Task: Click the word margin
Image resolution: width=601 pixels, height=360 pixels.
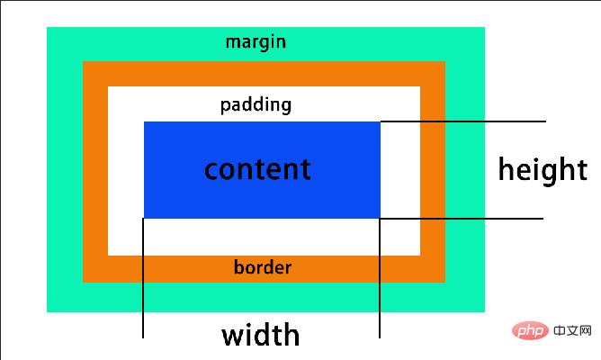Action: click(256, 42)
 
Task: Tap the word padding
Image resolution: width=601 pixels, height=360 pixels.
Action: click(256, 105)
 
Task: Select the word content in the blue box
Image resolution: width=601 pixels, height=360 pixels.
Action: click(257, 168)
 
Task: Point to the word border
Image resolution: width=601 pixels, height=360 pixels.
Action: click(262, 267)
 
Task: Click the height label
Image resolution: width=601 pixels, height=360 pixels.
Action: click(543, 169)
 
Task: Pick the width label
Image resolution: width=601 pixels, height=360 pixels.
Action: click(261, 335)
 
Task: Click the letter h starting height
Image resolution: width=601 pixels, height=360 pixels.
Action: click(506, 169)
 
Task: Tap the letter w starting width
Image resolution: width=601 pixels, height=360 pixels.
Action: click(232, 336)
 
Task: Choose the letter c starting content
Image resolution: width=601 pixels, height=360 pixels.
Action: click(211, 169)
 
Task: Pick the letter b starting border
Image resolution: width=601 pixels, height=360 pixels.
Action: click(238, 267)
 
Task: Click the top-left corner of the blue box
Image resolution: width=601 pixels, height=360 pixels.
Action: click(145, 122)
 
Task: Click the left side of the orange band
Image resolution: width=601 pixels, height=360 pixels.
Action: click(95, 171)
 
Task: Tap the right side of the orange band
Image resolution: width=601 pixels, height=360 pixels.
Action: click(433, 171)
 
